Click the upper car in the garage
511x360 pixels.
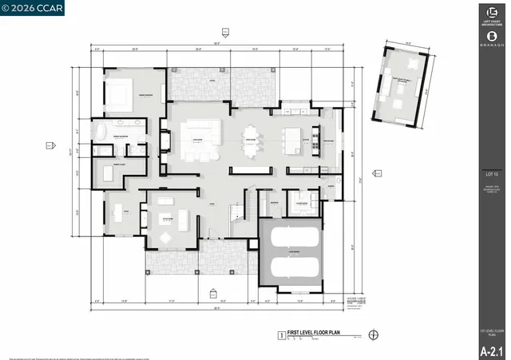291,238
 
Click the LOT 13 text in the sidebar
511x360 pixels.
491,173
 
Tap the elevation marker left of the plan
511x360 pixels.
50,145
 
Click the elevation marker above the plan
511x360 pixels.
224,32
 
